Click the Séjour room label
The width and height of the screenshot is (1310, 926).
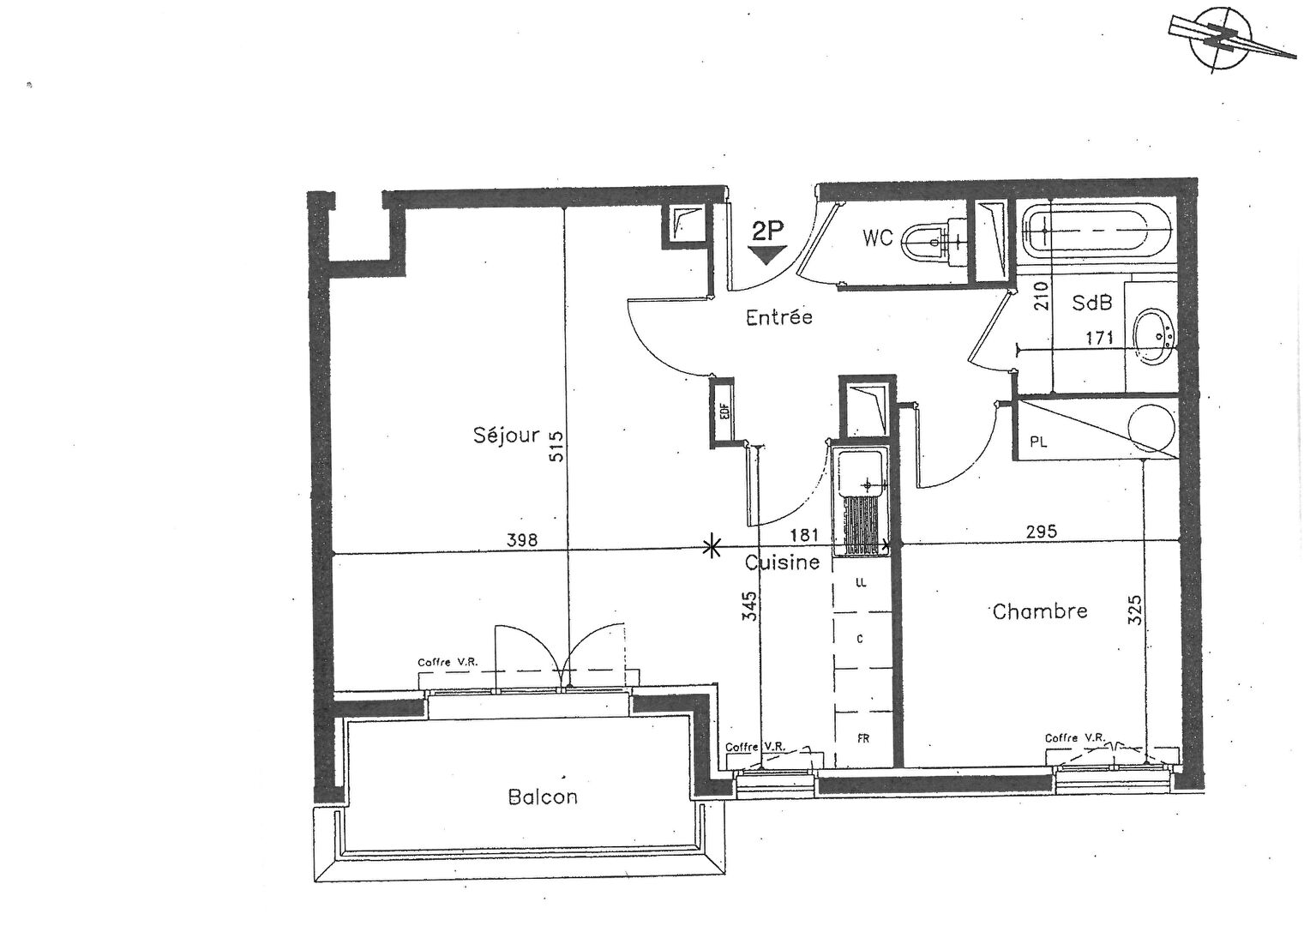[x=506, y=436]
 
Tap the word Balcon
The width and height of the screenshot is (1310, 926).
[x=543, y=797]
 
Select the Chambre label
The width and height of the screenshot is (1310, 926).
[x=1040, y=611]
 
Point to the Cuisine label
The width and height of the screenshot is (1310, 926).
[x=782, y=562]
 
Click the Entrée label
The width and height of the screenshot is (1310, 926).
[x=779, y=317]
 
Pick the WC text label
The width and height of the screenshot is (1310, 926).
[x=878, y=238]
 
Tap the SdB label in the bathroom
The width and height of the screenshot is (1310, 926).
[x=1092, y=303]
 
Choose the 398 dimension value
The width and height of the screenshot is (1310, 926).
[x=521, y=540]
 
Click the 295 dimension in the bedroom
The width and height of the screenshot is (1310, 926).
[x=1042, y=532]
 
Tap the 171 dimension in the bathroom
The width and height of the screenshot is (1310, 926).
[x=1099, y=338]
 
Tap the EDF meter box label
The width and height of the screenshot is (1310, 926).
[x=724, y=413]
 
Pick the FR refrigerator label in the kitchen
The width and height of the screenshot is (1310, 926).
[x=863, y=739]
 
